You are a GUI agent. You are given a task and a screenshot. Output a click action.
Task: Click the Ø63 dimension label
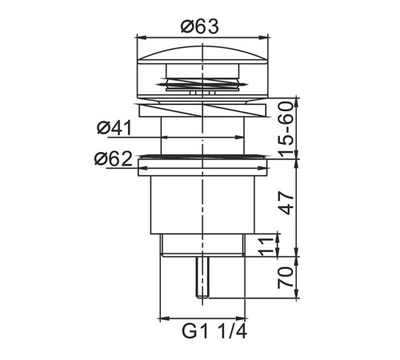pyautogui.click(x=200, y=26)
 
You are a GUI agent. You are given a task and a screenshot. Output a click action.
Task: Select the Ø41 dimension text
pyautogui.click(x=114, y=128)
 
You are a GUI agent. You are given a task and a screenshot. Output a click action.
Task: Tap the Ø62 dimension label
pyautogui.click(x=114, y=159)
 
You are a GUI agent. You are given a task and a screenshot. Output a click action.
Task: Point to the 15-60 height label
pyautogui.click(x=285, y=129)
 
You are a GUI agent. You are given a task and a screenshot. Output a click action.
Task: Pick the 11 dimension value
pyautogui.click(x=267, y=246)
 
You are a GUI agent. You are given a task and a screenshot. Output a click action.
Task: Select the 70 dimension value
pyautogui.click(x=286, y=278)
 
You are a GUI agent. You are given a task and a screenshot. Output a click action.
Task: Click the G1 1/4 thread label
pyautogui.click(x=214, y=331)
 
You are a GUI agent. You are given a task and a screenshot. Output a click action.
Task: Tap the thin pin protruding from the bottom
pyautogui.click(x=202, y=278)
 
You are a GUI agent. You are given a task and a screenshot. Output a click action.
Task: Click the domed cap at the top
pyautogui.click(x=202, y=55)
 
